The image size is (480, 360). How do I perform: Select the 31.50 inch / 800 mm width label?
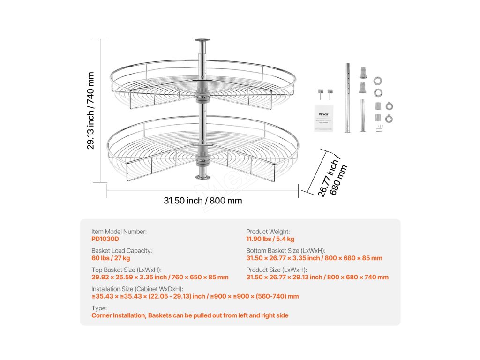pos(203,201)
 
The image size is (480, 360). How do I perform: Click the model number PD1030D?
pos(105,239)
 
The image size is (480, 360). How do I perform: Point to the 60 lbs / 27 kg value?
pos(111,258)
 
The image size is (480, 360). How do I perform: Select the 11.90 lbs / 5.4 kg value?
pos(270,239)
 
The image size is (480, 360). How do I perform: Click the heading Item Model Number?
pos(119,232)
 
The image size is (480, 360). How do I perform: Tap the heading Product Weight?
pos(268,232)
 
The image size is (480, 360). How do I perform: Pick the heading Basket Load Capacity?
pos(121,251)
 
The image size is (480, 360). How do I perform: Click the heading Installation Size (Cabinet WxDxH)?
pos(137,289)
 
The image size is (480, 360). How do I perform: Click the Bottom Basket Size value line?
pos(314,258)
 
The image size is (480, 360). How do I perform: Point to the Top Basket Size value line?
pos(160,277)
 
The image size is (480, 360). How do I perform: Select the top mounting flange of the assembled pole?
pos(202,42)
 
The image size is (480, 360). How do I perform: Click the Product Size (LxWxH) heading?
pos(277,270)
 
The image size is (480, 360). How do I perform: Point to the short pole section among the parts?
pos(362,115)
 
